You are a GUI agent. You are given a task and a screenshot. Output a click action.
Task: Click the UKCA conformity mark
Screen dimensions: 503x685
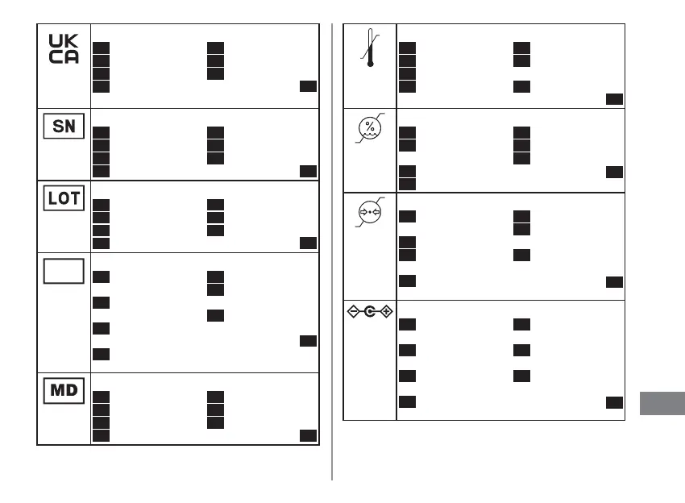64,50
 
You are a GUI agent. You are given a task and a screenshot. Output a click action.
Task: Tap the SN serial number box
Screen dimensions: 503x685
64,127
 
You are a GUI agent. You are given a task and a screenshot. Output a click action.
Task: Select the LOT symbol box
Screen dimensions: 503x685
64,197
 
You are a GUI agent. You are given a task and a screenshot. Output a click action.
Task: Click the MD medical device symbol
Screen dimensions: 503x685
64,391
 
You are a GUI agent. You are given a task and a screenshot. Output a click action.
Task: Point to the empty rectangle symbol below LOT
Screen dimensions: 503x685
64,271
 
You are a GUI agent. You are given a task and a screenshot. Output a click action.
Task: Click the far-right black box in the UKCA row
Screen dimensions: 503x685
308,87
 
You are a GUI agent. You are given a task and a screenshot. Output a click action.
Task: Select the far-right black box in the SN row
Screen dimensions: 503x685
308,170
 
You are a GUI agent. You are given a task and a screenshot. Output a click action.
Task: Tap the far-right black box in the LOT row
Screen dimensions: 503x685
308,243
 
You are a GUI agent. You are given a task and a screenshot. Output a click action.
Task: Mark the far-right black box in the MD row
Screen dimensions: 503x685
308,435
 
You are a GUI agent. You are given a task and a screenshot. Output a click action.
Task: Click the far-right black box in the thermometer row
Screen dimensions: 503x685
615,99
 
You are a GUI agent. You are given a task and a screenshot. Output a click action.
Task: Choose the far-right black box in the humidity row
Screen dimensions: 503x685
615,171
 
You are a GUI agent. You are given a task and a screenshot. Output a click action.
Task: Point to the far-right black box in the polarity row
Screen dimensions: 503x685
615,401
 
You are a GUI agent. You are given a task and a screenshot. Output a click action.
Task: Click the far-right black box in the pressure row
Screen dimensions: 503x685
615,281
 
